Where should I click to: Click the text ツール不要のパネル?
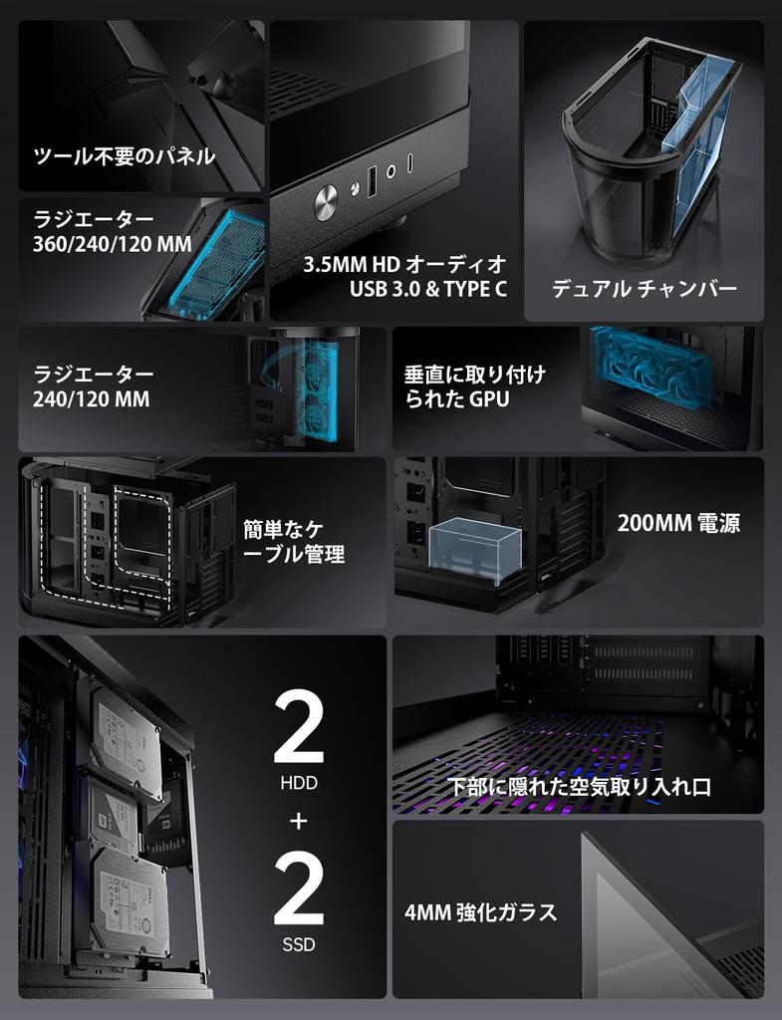[125, 156]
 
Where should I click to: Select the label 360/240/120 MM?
[113, 244]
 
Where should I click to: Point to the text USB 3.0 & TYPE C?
[428, 290]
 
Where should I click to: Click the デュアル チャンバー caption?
[645, 290]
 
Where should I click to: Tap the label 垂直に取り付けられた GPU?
[474, 387]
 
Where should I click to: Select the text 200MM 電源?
[678, 524]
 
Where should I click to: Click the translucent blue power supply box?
[475, 549]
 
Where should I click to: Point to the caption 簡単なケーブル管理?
[294, 542]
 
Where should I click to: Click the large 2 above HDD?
[298, 731]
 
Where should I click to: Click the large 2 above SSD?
[298, 891]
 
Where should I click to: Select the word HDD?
[299, 784]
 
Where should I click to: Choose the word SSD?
[299, 943]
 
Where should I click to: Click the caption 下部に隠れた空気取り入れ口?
[579, 787]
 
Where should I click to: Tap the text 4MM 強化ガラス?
[481, 912]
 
